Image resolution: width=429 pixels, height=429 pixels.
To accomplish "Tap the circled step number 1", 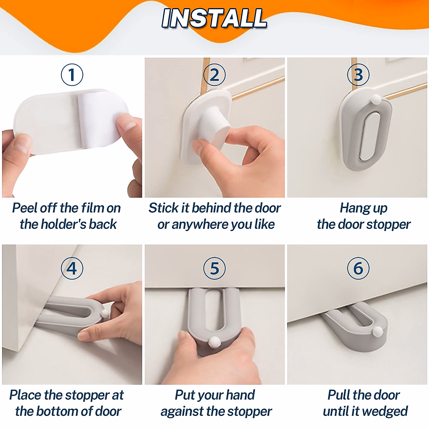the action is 72,75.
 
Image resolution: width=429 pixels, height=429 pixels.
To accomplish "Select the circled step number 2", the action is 214,75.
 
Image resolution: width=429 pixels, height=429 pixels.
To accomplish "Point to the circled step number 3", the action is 358,75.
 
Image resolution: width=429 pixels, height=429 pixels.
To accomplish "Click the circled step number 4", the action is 72,268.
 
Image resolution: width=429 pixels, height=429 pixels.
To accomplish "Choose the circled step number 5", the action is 214,268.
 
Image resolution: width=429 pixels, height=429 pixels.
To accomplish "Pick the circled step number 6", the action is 358,268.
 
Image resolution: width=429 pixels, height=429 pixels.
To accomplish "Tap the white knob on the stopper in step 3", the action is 376,99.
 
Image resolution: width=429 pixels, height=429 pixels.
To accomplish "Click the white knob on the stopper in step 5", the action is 214,341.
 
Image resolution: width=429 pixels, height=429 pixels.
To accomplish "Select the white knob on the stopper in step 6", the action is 378,331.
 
